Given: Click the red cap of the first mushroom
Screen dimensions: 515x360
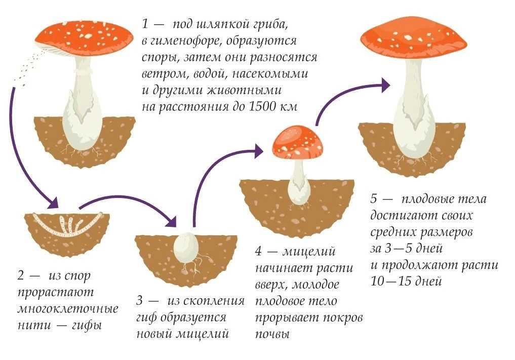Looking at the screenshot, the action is pyautogui.click(x=84, y=38).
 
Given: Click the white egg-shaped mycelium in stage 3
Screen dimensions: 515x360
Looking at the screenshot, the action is pyautogui.click(x=186, y=248).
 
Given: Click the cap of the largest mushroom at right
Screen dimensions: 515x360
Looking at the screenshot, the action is pyautogui.click(x=414, y=39).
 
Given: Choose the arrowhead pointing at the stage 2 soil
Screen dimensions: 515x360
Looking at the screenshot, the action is pyautogui.click(x=53, y=203).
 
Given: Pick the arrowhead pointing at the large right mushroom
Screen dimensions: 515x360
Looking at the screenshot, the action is pyautogui.click(x=384, y=85).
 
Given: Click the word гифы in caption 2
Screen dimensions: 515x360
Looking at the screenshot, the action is pyautogui.click(x=87, y=326).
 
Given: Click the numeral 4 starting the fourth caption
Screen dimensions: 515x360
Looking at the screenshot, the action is pyautogui.click(x=259, y=251).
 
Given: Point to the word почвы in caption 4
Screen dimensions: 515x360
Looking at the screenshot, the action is pyautogui.click(x=272, y=334).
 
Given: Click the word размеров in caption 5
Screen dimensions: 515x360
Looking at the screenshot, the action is pyautogui.click(x=447, y=232).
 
